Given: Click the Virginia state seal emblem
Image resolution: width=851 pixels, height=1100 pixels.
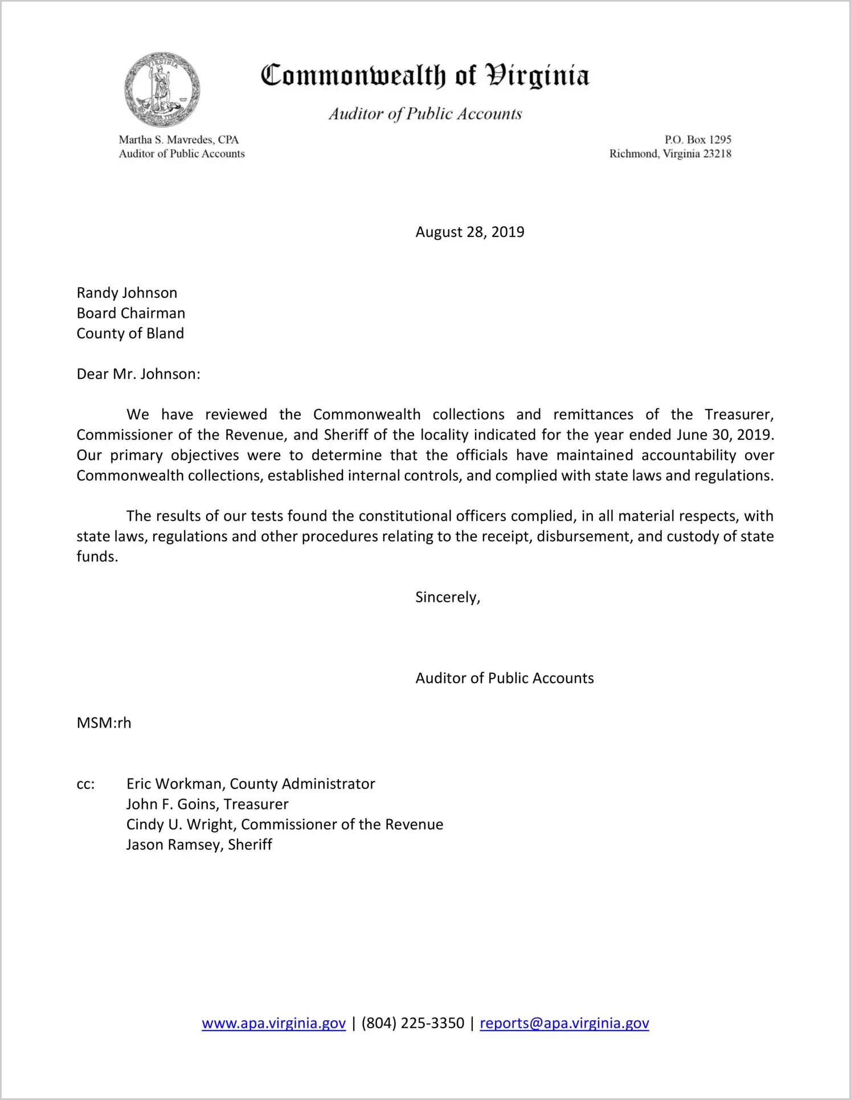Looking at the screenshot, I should pos(162,90).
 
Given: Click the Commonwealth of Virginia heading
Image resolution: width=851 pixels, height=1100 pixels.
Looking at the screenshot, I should pos(425,76).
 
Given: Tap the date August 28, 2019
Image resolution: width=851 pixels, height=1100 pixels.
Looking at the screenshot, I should pos(469,232).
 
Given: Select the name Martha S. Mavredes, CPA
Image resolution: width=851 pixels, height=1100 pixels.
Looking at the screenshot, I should pos(178,140).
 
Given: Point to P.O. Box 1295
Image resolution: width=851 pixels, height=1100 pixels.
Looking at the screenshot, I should pos(697,140).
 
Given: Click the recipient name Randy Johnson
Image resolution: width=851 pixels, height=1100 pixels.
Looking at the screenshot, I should pos(127,293).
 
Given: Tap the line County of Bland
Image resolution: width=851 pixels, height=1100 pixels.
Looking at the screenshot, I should pos(130,333).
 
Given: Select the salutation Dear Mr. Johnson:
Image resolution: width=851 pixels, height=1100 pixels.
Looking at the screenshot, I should pos(138,374).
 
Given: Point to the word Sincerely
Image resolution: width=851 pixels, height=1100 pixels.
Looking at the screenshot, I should pos(447,597).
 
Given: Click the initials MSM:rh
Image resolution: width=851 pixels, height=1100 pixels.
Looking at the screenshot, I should pos(104,723).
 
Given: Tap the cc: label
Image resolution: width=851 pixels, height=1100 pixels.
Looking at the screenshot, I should pos(85,784).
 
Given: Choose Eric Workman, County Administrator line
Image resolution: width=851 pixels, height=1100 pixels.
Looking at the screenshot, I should pos(251,784).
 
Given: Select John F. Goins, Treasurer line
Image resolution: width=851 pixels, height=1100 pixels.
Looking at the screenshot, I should pos(207,804).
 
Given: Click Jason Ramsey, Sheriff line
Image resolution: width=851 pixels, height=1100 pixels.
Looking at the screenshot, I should pos(199,845).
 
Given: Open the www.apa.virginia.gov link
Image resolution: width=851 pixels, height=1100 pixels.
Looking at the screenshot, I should pos(273,1023).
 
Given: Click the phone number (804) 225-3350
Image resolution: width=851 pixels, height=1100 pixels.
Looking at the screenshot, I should pos(412,1023).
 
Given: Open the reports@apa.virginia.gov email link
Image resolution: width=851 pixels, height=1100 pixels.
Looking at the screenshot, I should pos(564,1023).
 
